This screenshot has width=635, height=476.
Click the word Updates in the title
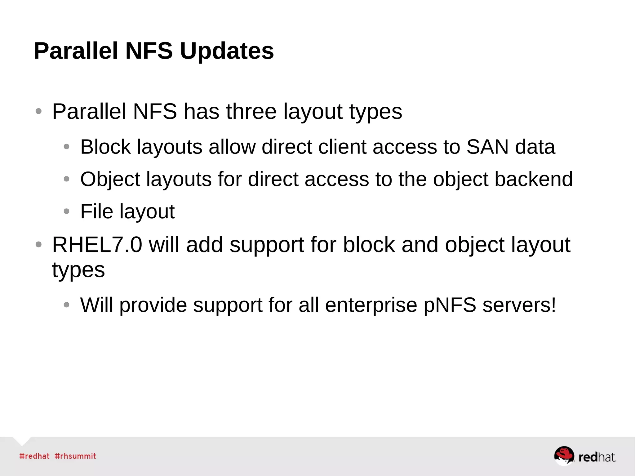pyautogui.click(x=227, y=51)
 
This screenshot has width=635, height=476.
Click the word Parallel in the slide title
pyautogui.click(x=76, y=51)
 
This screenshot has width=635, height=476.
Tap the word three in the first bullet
pyautogui.click(x=251, y=111)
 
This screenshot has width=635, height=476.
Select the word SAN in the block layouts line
pyautogui.click(x=487, y=147)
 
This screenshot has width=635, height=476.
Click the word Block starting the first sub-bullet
pyautogui.click(x=105, y=147)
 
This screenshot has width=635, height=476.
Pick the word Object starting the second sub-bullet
pyautogui.click(x=110, y=180)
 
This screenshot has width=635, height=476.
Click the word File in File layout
pyautogui.click(x=96, y=211)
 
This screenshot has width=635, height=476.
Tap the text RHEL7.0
pyautogui.click(x=97, y=245)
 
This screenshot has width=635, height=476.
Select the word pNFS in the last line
pyautogui.click(x=450, y=305)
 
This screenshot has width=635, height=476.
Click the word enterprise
pyautogui.click(x=371, y=306)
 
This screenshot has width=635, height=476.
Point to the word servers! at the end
pyautogui.click(x=519, y=305)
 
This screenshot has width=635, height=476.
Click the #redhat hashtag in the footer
pyautogui.click(x=34, y=456)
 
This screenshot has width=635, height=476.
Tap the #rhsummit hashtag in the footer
pyautogui.click(x=75, y=456)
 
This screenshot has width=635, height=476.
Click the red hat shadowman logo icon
pyautogui.click(x=564, y=456)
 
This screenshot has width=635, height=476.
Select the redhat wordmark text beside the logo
pyautogui.click(x=597, y=457)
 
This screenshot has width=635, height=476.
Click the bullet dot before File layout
pyautogui.click(x=66, y=211)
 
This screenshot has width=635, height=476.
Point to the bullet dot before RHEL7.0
pyautogui.click(x=38, y=245)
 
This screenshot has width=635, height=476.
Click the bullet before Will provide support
pyautogui.click(x=66, y=305)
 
